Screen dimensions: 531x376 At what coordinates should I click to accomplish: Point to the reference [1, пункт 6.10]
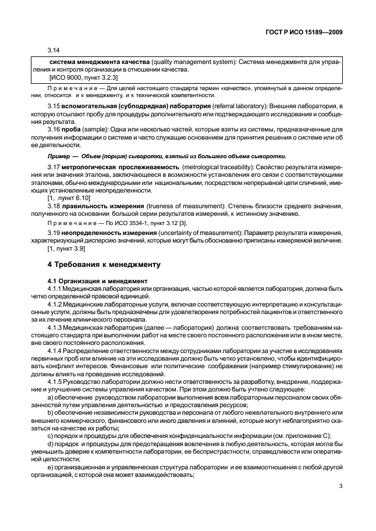click(x=69, y=198)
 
